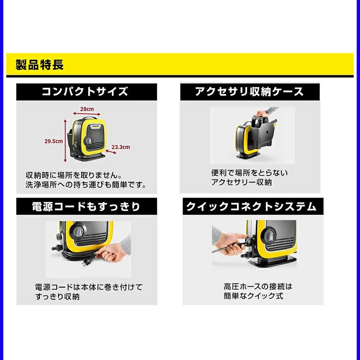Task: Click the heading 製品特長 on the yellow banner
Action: pyautogui.click(x=40, y=65)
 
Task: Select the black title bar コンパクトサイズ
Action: pyautogui.click(x=86, y=92)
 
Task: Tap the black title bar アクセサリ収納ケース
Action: pyautogui.click(x=250, y=92)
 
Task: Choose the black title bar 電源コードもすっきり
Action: pyautogui.click(x=86, y=207)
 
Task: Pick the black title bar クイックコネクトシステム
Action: pyautogui.click(x=253, y=207)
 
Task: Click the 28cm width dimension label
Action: pyautogui.click(x=87, y=109)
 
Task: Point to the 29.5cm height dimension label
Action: pyautogui.click(x=54, y=141)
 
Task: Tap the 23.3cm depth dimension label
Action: pyautogui.click(x=121, y=147)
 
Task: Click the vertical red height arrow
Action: pyautogui.click(x=65, y=140)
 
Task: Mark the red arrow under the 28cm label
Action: pyautogui.click(x=86, y=114)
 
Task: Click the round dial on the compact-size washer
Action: pyautogui.click(x=88, y=140)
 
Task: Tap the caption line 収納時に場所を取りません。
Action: pyautogui.click(x=74, y=175)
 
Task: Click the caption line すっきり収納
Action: pyautogui.click(x=58, y=297)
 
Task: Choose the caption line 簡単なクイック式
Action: pyautogui.click(x=253, y=296)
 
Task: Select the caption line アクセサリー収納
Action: pyautogui.click(x=242, y=182)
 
